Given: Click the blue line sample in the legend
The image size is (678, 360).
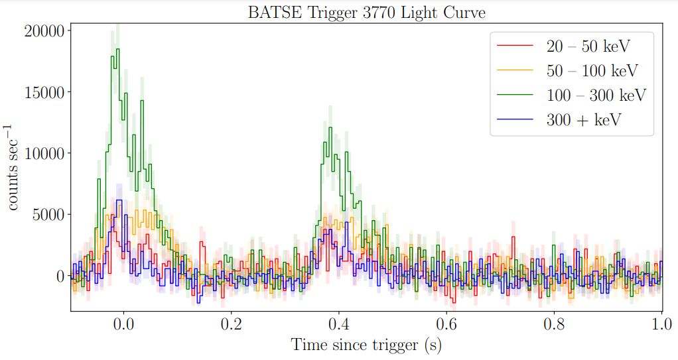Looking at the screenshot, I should click(515, 119).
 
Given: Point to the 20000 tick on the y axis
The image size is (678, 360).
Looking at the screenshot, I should click(44, 30).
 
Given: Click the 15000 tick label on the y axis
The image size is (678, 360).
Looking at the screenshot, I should click(44, 92).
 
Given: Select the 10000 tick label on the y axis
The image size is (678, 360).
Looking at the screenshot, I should click(44, 153).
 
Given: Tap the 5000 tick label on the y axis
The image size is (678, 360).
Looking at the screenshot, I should click(48, 214).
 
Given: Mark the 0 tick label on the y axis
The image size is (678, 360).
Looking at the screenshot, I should click(59, 276).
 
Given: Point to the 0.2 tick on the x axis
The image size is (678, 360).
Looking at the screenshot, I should click(231, 325).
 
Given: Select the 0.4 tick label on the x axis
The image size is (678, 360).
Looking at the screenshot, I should click(338, 325).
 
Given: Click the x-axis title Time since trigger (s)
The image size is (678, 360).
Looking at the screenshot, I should click(366, 345).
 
